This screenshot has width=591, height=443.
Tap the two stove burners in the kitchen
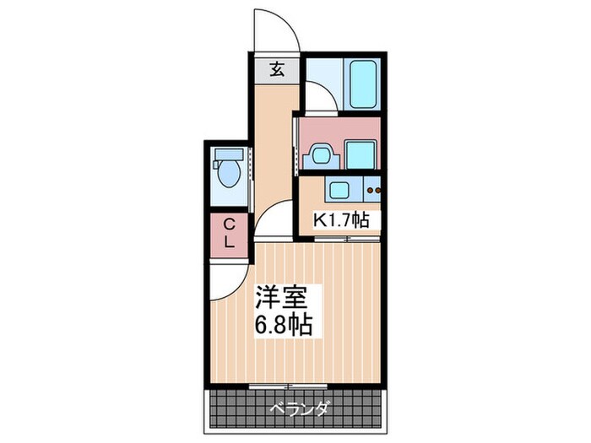pos(373,189)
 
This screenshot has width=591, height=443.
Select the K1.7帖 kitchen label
pos(342,220)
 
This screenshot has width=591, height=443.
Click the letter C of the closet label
pos(230,224)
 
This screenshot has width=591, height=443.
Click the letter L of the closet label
pos(230,241)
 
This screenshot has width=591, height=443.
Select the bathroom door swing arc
pos(319,95)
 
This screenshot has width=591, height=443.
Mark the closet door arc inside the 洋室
pos(230,284)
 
